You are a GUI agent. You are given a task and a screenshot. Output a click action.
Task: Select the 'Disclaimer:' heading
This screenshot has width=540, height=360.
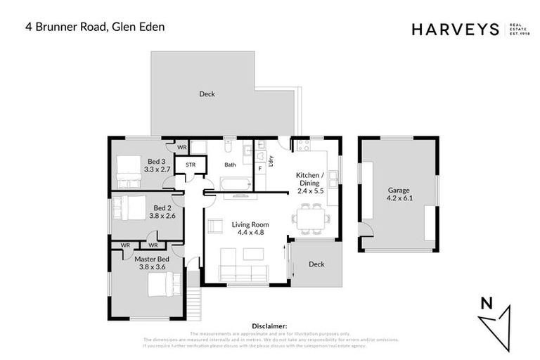click(269, 326)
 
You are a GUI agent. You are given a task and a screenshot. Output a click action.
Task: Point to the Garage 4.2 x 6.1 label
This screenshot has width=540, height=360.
click(398, 194)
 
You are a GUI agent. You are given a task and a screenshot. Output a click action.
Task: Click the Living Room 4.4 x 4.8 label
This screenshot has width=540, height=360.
click(250, 228)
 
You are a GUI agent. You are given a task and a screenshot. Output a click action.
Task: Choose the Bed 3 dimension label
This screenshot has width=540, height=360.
click(157, 165)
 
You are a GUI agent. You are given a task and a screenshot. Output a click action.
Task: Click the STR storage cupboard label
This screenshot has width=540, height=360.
click(191, 166)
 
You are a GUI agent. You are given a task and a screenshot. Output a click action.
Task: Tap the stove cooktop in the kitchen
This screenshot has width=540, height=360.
click(304, 146)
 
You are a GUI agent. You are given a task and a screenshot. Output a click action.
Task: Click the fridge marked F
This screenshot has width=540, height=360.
click(259, 169)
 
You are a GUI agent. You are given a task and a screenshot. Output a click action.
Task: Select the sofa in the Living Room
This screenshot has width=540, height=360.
click(244, 273)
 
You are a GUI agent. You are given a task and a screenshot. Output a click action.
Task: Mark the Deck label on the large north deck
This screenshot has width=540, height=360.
click(207, 94)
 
